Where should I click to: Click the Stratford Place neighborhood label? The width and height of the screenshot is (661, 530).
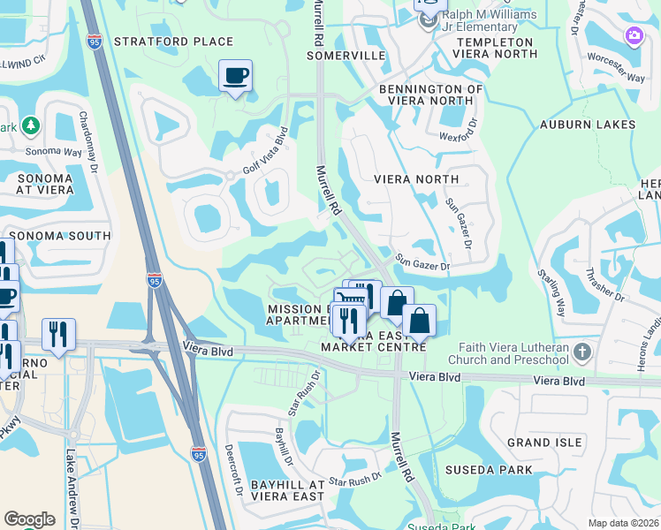[173, 42]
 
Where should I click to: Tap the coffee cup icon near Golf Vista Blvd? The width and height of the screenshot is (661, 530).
[235, 76]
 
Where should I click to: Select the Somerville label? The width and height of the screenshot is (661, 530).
[346, 56]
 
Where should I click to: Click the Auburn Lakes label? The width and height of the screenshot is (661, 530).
[589, 125]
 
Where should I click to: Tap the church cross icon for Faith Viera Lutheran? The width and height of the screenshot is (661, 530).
[581, 353]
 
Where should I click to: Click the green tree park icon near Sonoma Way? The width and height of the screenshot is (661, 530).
[31, 126]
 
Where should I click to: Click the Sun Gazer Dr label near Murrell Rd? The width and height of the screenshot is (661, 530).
[422, 263]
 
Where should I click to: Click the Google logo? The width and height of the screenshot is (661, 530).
[29, 519]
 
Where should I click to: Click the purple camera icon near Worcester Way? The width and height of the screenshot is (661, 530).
[634, 36]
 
